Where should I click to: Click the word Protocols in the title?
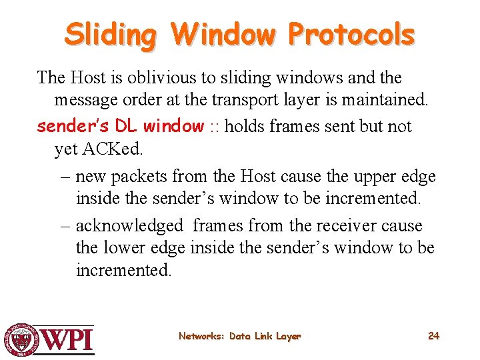(x=352, y=34)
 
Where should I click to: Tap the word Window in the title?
(x=222, y=34)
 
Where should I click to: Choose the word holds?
(x=247, y=126)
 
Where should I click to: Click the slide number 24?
(x=433, y=336)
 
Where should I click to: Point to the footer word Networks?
(x=201, y=337)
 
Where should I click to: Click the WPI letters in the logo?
(x=69, y=339)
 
